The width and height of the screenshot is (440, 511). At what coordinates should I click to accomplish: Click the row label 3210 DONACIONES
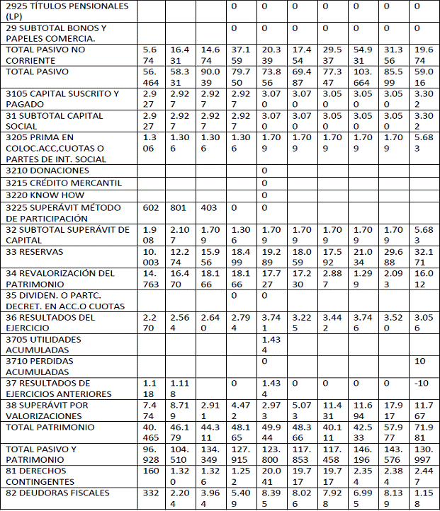[x=47, y=171]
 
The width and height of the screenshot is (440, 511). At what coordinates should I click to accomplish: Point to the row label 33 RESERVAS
[x=35, y=252]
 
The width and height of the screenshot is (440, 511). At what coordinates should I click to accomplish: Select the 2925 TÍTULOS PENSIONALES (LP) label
[x=58, y=11]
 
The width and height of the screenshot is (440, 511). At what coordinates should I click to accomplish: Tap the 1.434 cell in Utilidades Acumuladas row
[x=271, y=345]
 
